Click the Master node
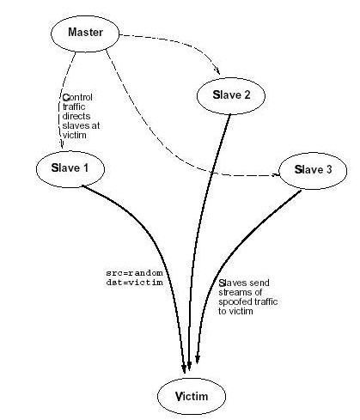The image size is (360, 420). point(85,33)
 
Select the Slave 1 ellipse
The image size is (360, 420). point(70,169)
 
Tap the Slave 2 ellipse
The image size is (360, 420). point(231,95)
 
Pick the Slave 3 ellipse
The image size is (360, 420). point(313,171)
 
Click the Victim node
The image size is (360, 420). point(192,396)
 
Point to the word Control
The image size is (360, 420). point(77,97)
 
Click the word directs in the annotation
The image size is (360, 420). point(76,116)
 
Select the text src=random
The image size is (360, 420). point(134,273)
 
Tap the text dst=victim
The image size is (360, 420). point(134,283)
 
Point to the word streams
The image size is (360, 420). point(233,292)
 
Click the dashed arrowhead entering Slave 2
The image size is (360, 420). point(217,71)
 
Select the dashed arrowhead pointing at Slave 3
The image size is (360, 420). point(276,174)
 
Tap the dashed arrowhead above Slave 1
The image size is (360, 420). point(61,144)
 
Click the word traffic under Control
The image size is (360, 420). point(74,107)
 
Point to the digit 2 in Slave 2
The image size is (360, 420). point(247,94)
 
